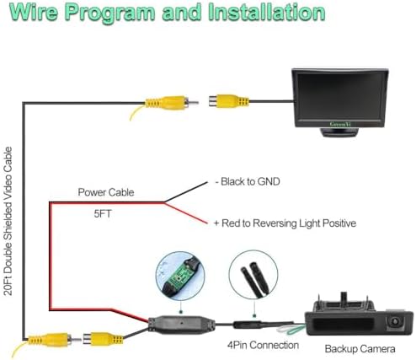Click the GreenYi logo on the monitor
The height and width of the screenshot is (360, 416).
pos(340,124)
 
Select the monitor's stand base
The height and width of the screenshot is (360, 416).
pos(339,132)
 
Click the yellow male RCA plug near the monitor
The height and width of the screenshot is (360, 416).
pos(171,102)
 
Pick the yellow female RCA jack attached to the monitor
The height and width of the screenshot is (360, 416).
pos(229,101)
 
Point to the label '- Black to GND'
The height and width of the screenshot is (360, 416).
pos(248,181)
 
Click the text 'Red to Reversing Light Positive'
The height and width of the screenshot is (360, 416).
pos(289,223)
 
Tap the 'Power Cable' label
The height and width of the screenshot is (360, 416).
pos(106,192)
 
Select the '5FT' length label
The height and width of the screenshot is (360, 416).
pos(103,214)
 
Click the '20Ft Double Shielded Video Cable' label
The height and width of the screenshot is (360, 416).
pos(8,221)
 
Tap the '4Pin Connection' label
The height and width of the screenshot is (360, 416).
pos(263,345)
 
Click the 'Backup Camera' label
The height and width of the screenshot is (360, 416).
pos(360,349)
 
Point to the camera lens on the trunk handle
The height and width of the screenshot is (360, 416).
pos(395,320)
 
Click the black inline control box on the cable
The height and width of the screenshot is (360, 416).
pos(182,325)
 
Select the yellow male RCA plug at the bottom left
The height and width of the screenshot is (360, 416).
pos(53,340)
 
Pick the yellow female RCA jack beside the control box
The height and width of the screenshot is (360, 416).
pos(103,338)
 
